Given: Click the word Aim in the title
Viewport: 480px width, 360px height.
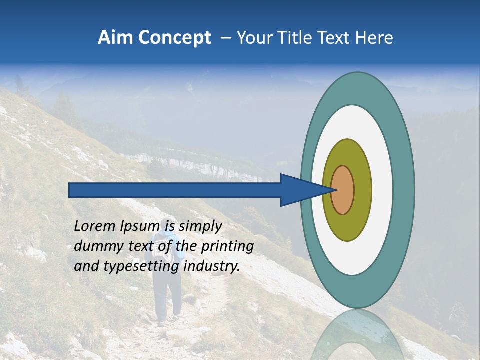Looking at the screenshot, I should [x=115, y=38].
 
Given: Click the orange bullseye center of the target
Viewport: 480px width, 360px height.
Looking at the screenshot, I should [x=343, y=190].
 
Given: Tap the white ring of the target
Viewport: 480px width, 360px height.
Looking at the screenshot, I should [x=382, y=190].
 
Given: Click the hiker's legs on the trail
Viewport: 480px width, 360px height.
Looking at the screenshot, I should [x=167, y=300].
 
